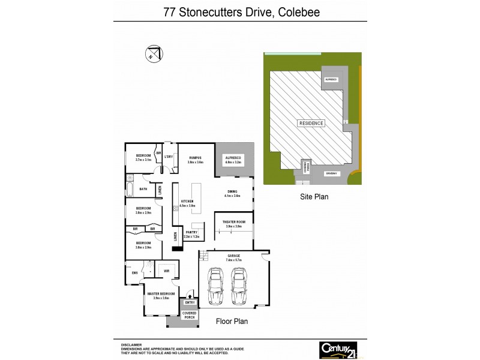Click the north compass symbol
pos(153,53)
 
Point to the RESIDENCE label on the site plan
pos(311,123)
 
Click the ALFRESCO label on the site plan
pos(331,79)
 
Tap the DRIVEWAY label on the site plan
pos(332,173)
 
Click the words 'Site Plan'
pos(314,196)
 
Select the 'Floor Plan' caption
pos(232,322)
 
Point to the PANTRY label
pos(192,232)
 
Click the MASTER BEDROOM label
pos(161,293)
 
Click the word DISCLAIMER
pos(131,345)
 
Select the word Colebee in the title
pos(299,11)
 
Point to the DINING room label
pos(233,192)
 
